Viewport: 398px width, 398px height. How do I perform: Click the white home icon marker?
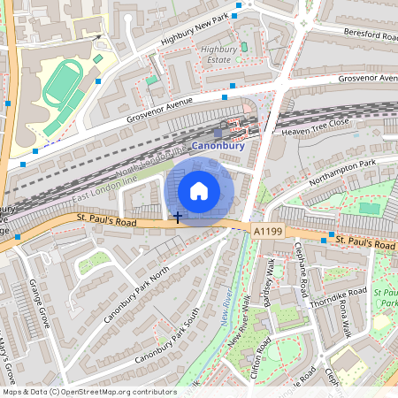[x=199, y=190]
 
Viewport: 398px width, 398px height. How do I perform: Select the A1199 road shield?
[x=269, y=231]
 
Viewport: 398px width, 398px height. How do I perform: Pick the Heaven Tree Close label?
[x=316, y=127]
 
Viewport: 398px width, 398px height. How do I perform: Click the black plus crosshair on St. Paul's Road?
[x=178, y=217]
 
